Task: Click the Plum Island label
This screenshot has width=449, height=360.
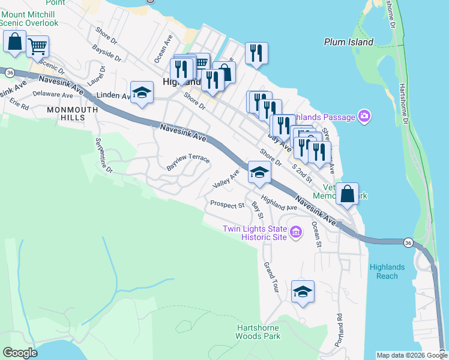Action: (x=348, y=42)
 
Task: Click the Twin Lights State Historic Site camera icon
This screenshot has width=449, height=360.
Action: (x=295, y=232)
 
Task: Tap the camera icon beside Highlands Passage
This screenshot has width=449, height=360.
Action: (x=363, y=116)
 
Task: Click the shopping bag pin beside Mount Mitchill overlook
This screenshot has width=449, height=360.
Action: (x=14, y=41)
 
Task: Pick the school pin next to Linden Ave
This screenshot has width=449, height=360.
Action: (x=142, y=92)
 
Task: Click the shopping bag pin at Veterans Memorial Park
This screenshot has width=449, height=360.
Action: (x=347, y=194)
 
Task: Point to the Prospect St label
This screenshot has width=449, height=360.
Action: (x=227, y=205)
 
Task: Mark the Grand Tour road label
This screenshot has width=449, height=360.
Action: (x=271, y=277)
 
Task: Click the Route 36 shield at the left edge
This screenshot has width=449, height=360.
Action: (x=10, y=72)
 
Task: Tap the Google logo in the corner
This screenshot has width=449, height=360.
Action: (x=20, y=353)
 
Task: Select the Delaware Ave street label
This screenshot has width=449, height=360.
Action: (x=53, y=94)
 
